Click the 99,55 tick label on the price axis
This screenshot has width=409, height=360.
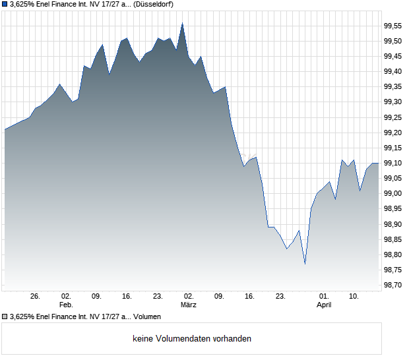point(393,26)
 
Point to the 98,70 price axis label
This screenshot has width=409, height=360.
point(393,285)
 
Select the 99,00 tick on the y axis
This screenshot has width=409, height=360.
point(393,194)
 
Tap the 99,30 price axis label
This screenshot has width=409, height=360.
point(393,102)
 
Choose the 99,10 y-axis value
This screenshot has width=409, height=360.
point(393,163)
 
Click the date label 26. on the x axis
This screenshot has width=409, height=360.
point(36,296)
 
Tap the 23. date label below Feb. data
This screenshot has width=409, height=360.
point(158,296)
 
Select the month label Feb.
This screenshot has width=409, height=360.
point(66,305)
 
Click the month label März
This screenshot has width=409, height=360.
point(189,305)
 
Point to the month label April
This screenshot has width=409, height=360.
point(324,305)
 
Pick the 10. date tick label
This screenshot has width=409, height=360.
point(354,296)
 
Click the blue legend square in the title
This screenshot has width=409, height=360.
point(5,5)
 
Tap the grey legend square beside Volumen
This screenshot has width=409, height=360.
point(5,317)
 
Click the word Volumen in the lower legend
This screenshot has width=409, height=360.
point(146,317)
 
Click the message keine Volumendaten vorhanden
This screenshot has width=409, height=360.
point(192,339)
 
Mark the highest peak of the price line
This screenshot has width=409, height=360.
point(182,23)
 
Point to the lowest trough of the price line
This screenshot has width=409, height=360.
point(305,264)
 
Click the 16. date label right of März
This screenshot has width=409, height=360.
point(249,296)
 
